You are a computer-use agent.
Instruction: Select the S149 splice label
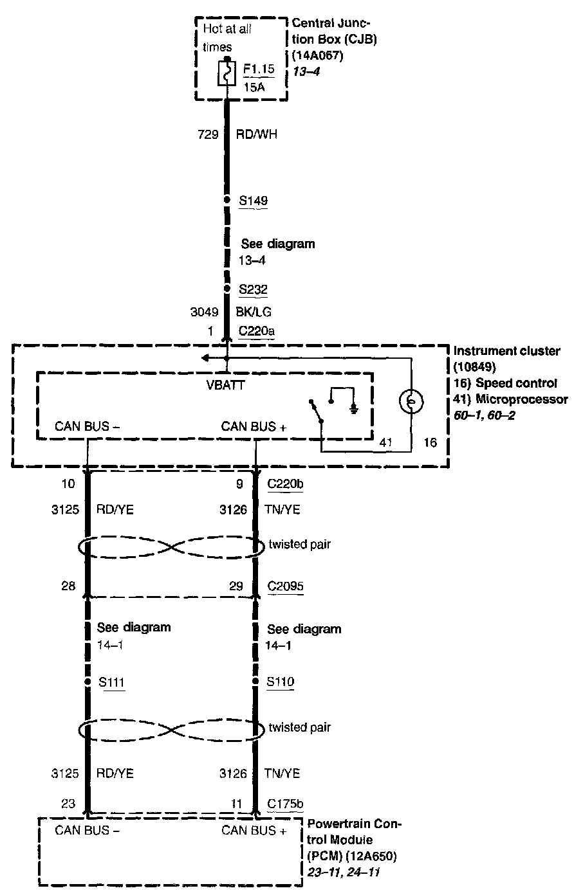point(253,201)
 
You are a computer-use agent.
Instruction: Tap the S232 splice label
point(253,289)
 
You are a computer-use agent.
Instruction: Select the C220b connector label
point(284,484)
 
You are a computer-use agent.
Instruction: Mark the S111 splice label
point(112,681)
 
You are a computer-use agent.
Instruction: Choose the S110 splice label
point(280,681)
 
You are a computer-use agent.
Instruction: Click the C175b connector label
point(284,803)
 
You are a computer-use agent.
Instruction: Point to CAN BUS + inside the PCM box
point(254,830)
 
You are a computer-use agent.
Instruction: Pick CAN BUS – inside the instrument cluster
point(88,426)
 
